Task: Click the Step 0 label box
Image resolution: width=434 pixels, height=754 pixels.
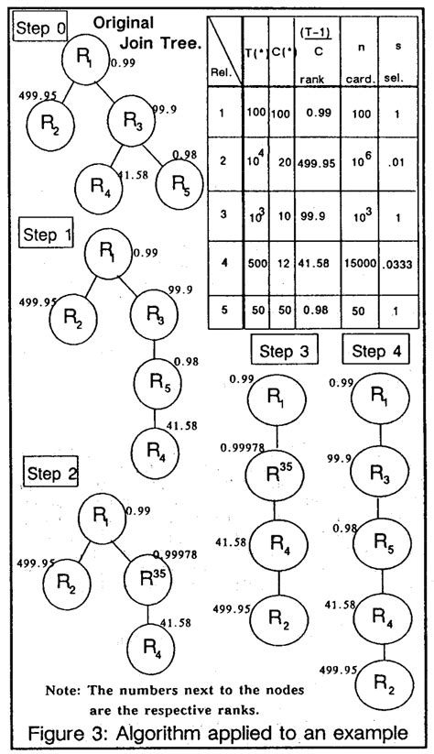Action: coord(41,28)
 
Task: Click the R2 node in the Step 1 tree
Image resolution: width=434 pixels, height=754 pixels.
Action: coord(74,317)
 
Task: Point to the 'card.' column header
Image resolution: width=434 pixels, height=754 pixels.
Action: coord(358,80)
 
